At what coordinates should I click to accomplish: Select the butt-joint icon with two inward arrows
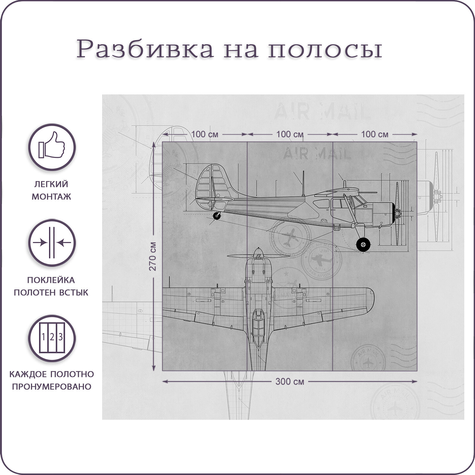52,243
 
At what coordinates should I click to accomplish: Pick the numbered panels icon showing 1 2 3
52,338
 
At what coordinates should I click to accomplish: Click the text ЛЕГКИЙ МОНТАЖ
51,190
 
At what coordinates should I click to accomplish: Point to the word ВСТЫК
74,292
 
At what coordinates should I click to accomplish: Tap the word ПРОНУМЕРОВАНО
51,387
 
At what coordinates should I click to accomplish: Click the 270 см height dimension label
153,256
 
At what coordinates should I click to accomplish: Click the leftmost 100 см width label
205,134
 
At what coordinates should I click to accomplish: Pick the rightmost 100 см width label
374,134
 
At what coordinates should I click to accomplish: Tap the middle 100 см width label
289,134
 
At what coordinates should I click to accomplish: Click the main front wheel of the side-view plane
363,244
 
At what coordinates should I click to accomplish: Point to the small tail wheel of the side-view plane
217,216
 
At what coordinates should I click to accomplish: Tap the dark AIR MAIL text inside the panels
317,154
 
